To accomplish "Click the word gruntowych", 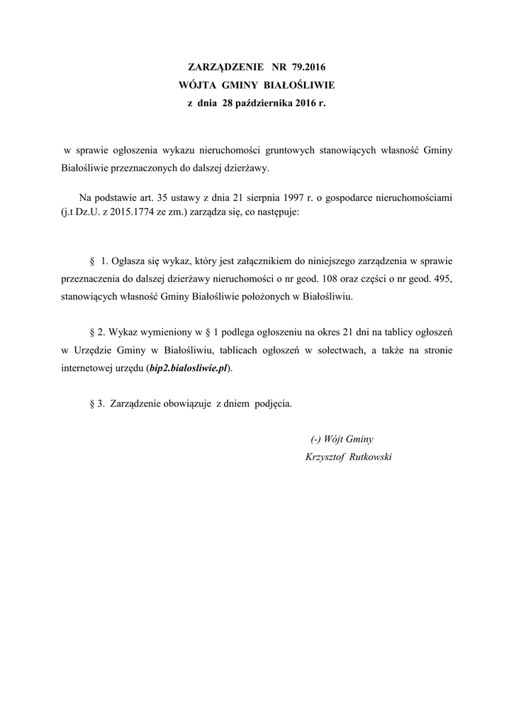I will click(x=294, y=151).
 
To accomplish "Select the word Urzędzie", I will click(x=93, y=350).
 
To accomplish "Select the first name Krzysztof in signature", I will click(x=324, y=457).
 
